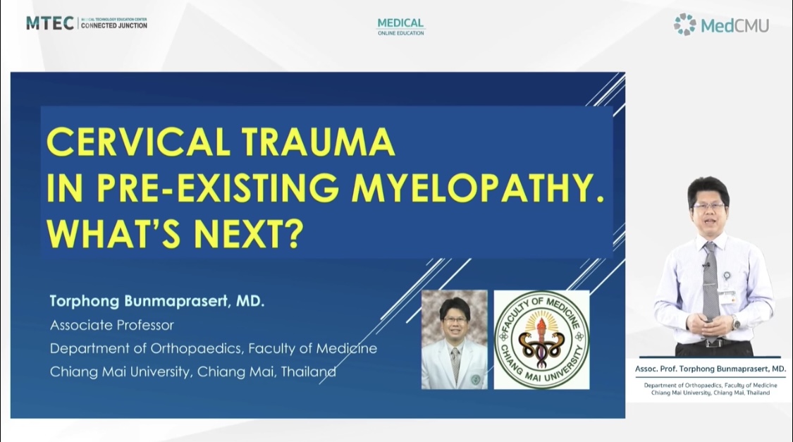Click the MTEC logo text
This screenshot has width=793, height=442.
point(50,23)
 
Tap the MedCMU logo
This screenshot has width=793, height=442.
point(721,24)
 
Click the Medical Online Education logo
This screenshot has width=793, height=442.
point(400,27)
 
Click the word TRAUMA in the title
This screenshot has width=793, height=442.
point(318,142)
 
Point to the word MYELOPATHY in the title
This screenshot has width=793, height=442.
point(478,188)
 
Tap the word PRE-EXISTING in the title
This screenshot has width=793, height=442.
point(218,188)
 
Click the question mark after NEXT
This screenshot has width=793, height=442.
point(293,233)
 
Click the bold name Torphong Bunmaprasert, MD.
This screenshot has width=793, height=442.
point(156,302)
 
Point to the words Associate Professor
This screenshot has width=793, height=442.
point(112,325)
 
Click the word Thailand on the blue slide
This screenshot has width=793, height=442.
point(309,372)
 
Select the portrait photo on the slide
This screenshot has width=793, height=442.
point(454,339)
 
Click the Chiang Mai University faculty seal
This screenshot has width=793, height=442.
point(541,339)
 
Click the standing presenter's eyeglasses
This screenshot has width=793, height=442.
point(708,206)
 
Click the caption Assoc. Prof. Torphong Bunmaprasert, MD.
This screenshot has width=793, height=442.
point(710,369)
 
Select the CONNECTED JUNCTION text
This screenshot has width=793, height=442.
point(114,25)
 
